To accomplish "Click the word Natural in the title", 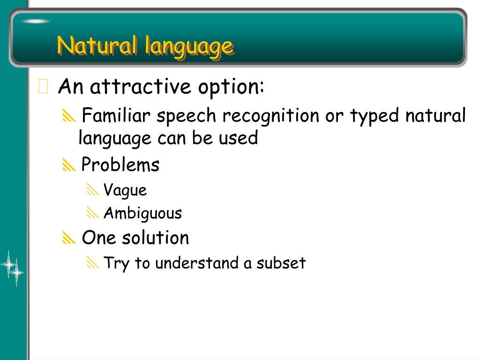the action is point(97,45).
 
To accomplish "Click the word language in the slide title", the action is point(189,47).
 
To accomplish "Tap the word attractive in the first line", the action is point(141,86).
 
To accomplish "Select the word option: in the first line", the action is point(231,88).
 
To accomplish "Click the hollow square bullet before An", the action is point(43,86).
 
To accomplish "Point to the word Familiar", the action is point(116,115).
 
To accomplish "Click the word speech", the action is point(186,117).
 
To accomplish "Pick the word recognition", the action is point(271,117).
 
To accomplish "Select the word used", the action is point(239,138).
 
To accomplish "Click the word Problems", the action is point(120,165).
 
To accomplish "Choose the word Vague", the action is point(125,190).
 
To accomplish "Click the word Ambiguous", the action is point(142,213).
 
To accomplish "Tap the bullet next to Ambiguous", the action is point(93,212).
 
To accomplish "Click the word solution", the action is point(155,238).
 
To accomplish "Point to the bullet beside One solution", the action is point(69,238).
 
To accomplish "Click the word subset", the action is point(281,263).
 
